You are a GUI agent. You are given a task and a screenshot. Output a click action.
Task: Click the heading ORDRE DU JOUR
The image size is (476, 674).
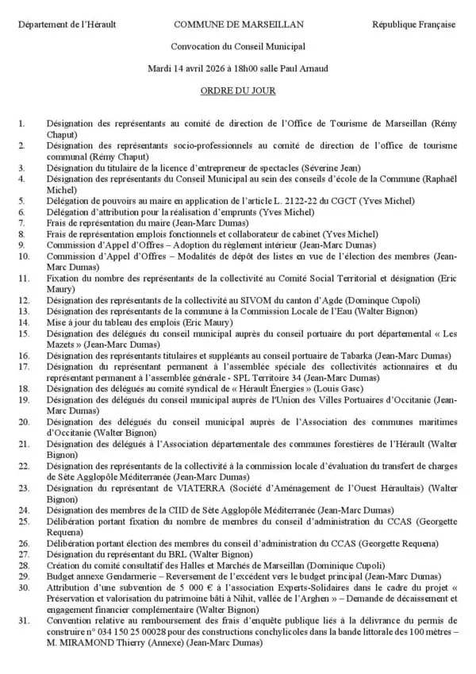[x=238, y=91]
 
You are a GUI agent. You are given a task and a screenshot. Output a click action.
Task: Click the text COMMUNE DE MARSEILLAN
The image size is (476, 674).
[x=237, y=25]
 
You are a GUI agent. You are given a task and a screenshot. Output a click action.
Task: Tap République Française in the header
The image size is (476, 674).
[x=413, y=25]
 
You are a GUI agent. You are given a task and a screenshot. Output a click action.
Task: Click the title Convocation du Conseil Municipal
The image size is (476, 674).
[x=238, y=47]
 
